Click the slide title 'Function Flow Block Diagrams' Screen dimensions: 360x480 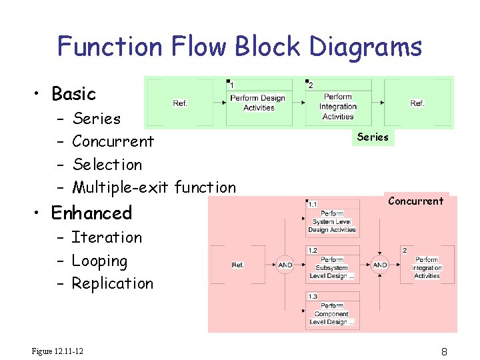tap(239, 47)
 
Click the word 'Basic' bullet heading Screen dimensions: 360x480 tap(73, 94)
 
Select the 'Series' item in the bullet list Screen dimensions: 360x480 tap(97, 119)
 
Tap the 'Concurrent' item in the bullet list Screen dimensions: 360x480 tap(113, 141)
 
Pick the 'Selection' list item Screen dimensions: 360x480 tap(107, 164)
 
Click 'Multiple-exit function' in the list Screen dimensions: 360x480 tap(154, 187)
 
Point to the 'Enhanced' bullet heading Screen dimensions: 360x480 tap(91, 213)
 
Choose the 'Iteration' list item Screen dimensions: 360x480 tap(107, 237)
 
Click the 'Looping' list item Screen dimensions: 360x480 tap(99, 261)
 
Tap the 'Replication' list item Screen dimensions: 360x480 tap(112, 283)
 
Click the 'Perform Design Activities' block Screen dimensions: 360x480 tap(258, 103)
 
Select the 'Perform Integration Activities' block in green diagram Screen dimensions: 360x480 tap(337, 107)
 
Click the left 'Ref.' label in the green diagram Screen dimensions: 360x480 tap(180, 103)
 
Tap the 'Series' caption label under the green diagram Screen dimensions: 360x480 tap(373, 137)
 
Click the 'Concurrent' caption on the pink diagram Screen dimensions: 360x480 tap(415, 201)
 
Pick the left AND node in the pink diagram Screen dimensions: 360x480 tap(285, 265)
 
